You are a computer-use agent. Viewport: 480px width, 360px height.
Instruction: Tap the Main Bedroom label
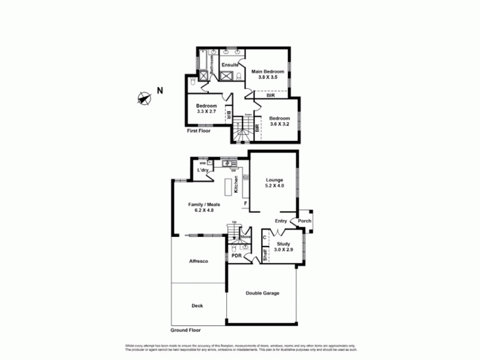[267, 71]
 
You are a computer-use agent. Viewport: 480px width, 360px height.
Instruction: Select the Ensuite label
[230, 64]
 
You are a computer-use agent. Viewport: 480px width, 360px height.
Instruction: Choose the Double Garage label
[262, 293]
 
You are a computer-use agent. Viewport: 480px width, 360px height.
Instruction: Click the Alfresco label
[198, 262]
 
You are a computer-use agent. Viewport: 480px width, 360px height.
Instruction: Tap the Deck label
[197, 305]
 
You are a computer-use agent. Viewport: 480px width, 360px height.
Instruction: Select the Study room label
[283, 244]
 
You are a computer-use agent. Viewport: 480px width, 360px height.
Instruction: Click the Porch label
[305, 220]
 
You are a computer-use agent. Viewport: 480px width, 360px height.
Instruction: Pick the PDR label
[236, 255]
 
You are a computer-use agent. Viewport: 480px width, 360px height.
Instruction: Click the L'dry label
[202, 171]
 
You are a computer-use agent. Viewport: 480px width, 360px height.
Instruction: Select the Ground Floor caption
[185, 330]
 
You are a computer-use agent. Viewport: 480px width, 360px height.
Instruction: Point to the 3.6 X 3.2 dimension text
[280, 124]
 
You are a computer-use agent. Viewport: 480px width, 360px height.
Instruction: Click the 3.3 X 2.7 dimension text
[206, 112]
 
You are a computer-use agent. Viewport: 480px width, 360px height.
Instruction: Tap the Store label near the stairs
[244, 237]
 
